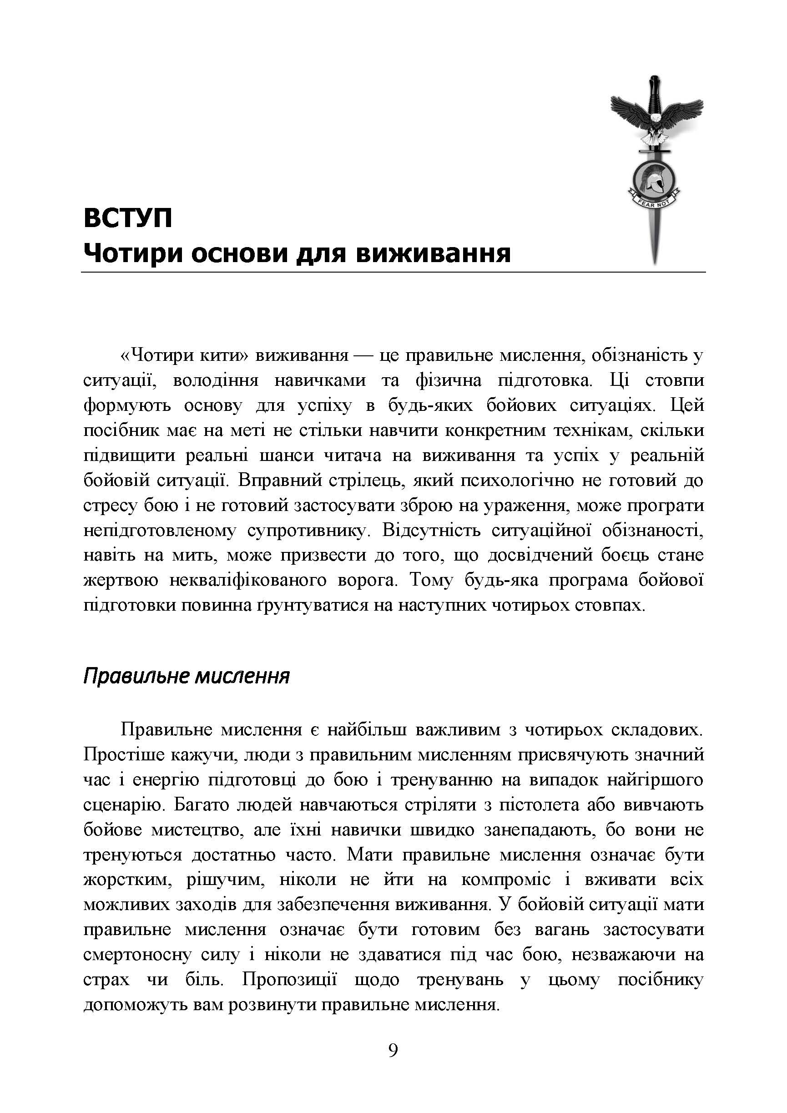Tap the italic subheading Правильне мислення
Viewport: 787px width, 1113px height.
coord(186,676)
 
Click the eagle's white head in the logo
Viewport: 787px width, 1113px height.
coord(655,118)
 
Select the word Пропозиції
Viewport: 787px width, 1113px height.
coord(289,980)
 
